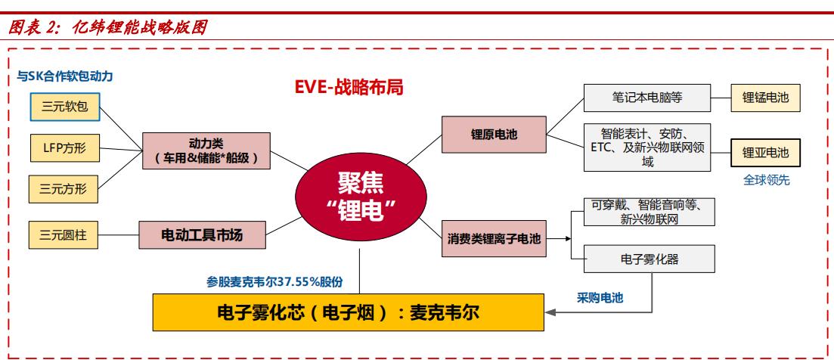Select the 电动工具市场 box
[203, 235]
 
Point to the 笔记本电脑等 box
[647, 98]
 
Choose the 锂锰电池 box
[764, 98]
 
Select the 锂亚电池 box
[764, 152]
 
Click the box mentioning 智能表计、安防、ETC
[647, 146]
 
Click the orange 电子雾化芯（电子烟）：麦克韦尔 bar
[349, 312]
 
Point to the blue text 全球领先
[764, 181]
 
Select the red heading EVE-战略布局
[349, 87]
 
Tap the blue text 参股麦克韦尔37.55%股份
[274, 281]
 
